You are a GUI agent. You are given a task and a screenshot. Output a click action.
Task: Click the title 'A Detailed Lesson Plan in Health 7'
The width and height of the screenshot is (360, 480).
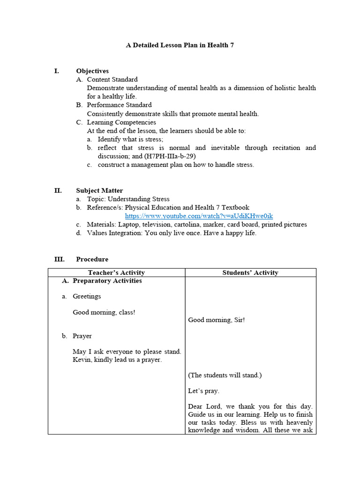point(180,45)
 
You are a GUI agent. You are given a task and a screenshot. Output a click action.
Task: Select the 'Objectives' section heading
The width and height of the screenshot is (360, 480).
point(92,71)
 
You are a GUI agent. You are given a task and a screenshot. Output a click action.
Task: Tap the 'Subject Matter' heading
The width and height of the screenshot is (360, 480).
point(99,190)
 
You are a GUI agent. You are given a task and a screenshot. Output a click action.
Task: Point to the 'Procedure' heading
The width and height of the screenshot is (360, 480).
point(92,259)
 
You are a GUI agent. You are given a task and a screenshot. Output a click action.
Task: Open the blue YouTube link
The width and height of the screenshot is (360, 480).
point(199,216)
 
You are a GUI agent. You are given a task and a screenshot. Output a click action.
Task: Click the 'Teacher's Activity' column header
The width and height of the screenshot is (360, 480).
point(116,272)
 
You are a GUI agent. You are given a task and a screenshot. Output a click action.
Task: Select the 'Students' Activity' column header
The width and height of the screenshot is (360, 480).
point(250,272)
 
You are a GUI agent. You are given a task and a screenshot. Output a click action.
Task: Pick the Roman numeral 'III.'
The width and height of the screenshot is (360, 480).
point(60,259)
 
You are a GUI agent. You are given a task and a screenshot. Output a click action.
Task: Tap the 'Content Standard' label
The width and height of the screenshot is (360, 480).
point(112,80)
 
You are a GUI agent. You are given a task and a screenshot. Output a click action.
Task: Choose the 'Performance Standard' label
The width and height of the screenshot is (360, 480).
point(119,105)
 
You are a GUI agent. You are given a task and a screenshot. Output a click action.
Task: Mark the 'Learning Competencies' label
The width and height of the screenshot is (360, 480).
point(121,122)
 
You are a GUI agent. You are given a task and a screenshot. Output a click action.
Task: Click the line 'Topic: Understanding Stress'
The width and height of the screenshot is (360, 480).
point(128,199)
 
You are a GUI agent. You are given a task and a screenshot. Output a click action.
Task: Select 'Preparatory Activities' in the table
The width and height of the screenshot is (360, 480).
point(107,281)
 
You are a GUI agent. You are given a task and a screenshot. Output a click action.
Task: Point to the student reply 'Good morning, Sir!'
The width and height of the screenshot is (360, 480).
point(216,320)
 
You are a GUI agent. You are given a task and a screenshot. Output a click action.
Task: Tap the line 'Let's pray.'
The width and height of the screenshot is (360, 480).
point(203,390)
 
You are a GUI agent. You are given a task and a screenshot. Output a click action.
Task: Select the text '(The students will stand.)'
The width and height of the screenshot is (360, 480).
point(225,375)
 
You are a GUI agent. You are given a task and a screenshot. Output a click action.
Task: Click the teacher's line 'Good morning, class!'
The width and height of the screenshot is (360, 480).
point(104,312)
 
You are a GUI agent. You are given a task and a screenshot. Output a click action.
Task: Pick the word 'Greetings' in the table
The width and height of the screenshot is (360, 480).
point(87,296)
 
